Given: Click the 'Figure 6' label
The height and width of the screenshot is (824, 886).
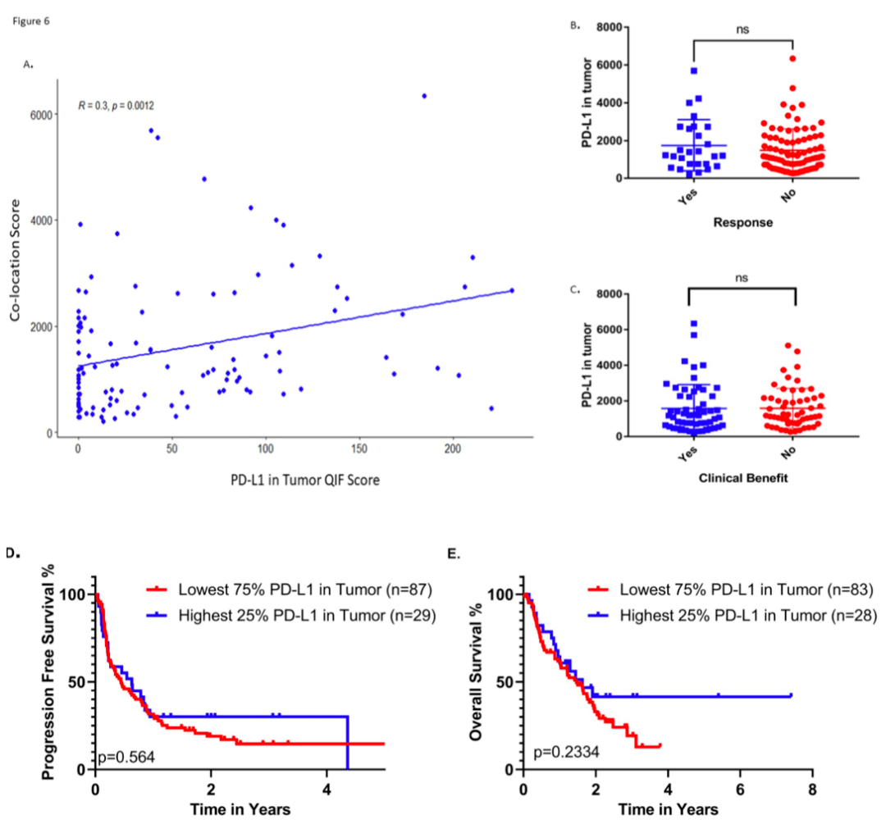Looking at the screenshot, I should coord(31,21).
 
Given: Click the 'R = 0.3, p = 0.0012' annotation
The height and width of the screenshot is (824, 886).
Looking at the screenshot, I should coord(116,106).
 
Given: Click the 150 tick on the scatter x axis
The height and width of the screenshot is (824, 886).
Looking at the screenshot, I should coord(358,449).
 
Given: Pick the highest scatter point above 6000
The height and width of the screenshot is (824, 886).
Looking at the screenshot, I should coord(424,96).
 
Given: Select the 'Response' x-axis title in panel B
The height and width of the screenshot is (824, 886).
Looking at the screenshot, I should coord(743,222).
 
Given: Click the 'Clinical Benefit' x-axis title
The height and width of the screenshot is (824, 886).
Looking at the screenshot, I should coord(742,479).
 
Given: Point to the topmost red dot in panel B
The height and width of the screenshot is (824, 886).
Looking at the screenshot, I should coord(792,58).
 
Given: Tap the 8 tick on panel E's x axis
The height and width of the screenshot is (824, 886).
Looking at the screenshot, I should coord(811,785).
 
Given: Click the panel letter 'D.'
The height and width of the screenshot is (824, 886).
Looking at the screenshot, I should coord(12,553).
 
